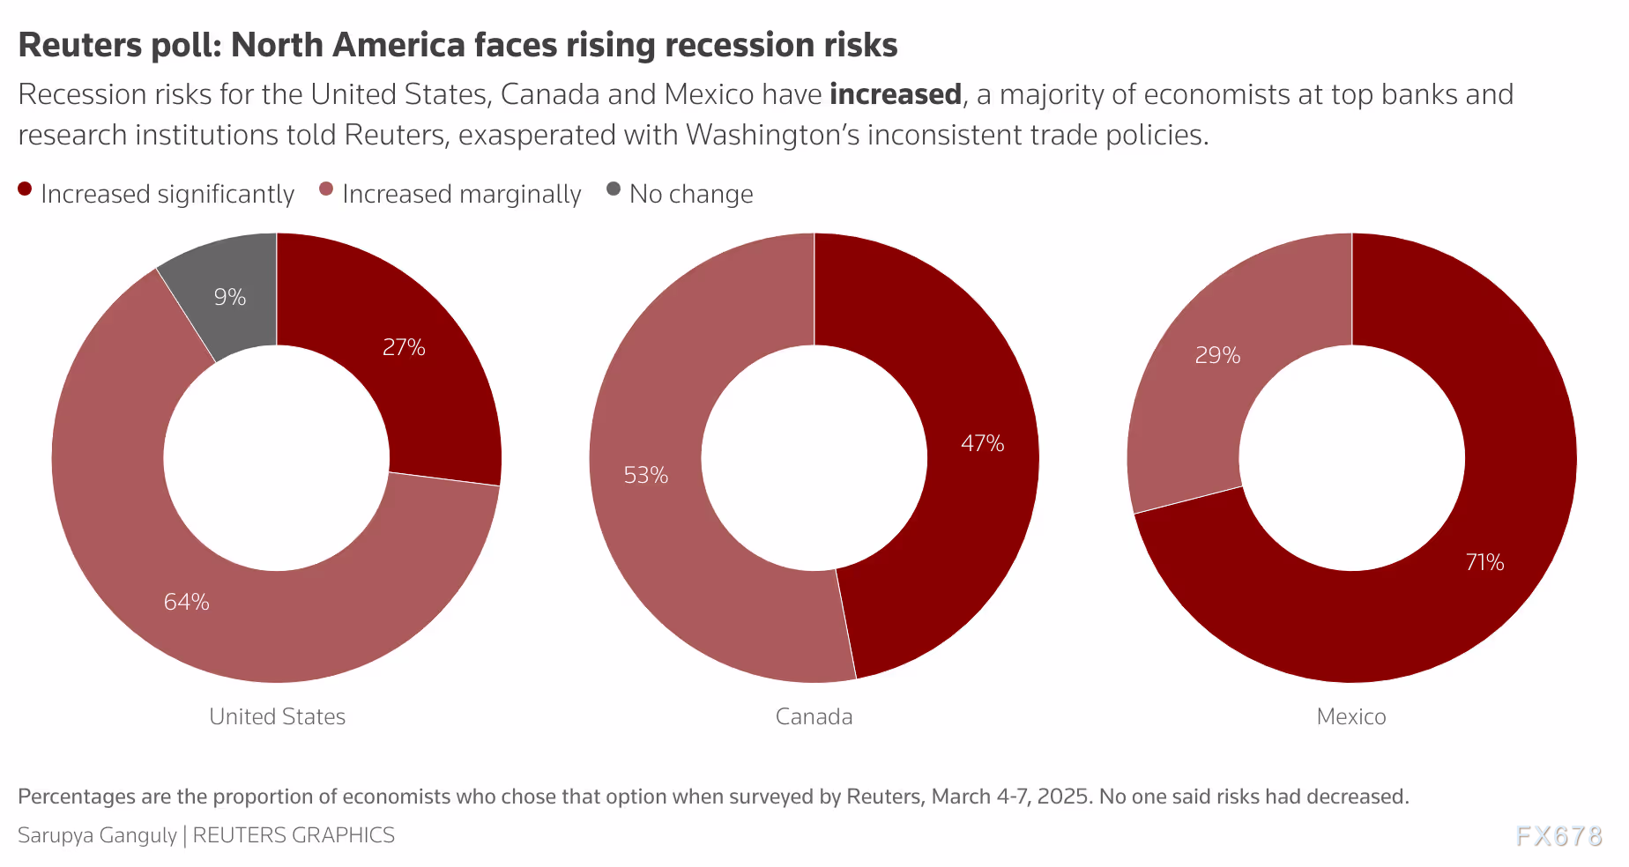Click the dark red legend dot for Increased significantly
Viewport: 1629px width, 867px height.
coord(25,189)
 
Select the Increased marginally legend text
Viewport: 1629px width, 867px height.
coord(461,194)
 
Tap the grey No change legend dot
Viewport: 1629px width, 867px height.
coord(614,189)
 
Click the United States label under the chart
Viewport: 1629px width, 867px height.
coord(277,716)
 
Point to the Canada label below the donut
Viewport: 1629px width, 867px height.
coord(814,716)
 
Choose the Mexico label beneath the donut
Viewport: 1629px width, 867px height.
coord(1350,716)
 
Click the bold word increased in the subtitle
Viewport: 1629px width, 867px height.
coord(895,94)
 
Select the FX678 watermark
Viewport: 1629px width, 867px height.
coord(1558,836)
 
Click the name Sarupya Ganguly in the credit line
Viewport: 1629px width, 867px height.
coord(97,835)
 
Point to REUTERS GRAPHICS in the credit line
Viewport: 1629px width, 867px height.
coord(294,835)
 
